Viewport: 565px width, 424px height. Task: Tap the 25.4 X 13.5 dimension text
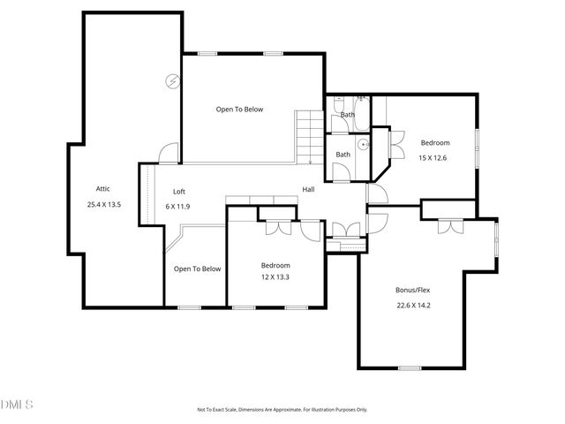pyautogui.click(x=104, y=204)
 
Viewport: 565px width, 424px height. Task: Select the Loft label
pyautogui.click(x=178, y=191)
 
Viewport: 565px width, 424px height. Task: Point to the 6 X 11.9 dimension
pyautogui.click(x=178, y=206)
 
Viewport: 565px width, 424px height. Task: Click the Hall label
pyautogui.click(x=309, y=189)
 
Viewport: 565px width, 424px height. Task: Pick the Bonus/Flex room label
pyautogui.click(x=412, y=290)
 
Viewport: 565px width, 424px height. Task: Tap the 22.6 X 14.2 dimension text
pyautogui.click(x=412, y=306)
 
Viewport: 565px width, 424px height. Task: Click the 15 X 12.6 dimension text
pyautogui.click(x=434, y=158)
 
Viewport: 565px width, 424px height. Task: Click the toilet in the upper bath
pyautogui.click(x=340, y=105)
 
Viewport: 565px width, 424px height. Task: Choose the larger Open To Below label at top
pyautogui.click(x=240, y=110)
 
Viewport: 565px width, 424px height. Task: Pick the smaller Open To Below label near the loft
pyautogui.click(x=198, y=269)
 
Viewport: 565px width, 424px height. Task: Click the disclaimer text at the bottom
pyautogui.click(x=282, y=409)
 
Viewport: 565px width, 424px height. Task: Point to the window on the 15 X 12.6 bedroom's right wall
pyautogui.click(x=478, y=146)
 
